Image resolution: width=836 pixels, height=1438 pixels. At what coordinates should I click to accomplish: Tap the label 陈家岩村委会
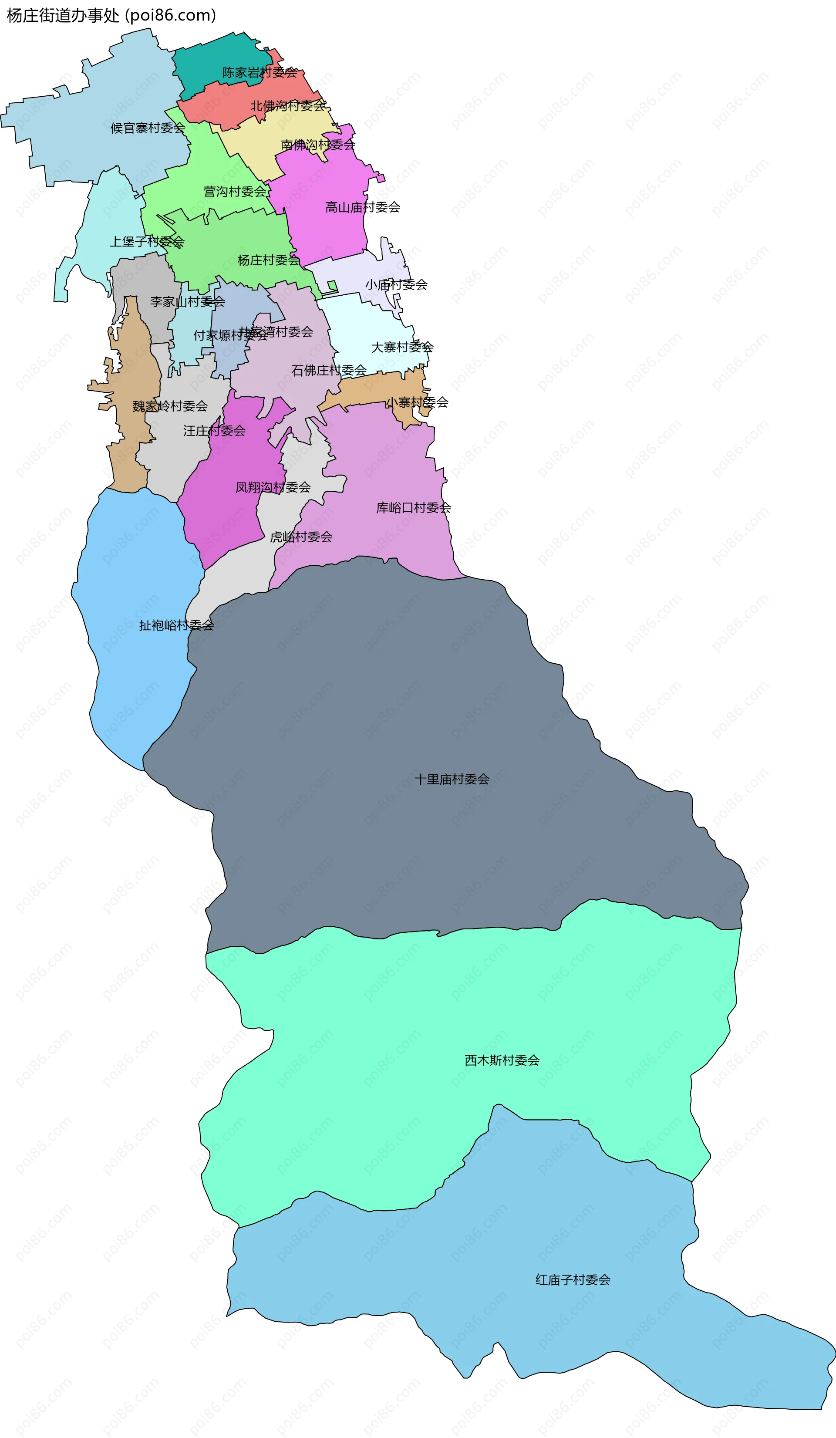[260, 72]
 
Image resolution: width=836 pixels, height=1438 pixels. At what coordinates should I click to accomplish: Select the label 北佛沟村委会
[288, 105]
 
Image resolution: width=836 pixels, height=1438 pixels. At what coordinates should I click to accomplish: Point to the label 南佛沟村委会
[318, 145]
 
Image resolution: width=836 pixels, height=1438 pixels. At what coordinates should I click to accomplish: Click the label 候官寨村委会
[148, 128]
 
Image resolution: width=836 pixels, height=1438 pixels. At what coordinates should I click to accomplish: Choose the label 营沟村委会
[235, 192]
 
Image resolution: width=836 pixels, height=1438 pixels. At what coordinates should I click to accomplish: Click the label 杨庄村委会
[268, 261]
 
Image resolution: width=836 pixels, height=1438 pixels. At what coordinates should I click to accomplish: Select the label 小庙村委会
[396, 284]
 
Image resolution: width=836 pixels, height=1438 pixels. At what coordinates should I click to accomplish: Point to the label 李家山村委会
[187, 301]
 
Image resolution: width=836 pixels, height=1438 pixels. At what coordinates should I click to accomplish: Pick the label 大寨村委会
[402, 347]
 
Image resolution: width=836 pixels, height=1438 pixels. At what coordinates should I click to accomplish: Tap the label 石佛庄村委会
[329, 370]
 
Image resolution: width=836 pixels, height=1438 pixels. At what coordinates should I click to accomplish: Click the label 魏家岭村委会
[170, 406]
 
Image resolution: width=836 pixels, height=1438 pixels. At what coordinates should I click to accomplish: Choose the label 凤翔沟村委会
[273, 487]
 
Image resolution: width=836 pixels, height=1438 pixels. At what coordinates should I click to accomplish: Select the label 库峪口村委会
[413, 507]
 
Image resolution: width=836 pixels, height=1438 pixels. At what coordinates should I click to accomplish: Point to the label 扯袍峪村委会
[176, 625]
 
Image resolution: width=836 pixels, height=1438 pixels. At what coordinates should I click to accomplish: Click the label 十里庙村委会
[452, 779]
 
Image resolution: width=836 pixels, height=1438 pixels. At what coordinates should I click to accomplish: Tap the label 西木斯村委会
[502, 1060]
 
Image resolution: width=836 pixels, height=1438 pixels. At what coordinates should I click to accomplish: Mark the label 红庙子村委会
[573, 1280]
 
